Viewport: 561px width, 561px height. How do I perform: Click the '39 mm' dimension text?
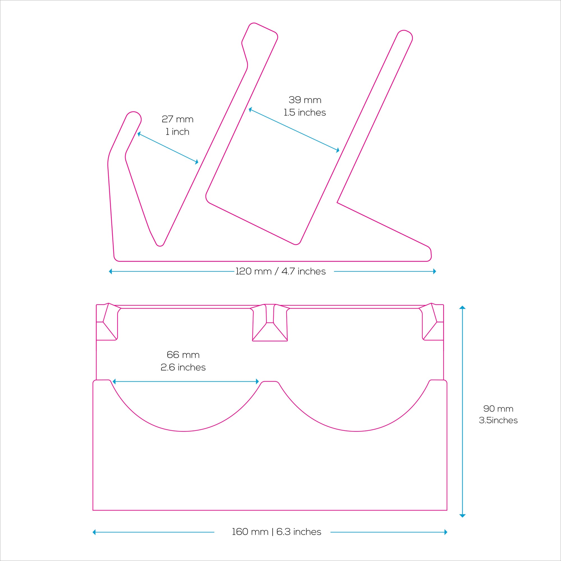click(x=305, y=100)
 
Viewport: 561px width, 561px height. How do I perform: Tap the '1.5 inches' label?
click(x=305, y=113)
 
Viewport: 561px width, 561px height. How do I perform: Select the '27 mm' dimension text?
click(x=178, y=119)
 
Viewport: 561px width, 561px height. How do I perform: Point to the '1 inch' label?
click(x=178, y=132)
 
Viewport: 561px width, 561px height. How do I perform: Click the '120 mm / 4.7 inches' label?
click(x=280, y=272)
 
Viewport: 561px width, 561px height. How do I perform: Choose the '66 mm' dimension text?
click(x=183, y=355)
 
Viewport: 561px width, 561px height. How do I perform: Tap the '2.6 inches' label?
click(x=183, y=367)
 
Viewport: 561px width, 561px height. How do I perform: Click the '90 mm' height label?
click(x=498, y=409)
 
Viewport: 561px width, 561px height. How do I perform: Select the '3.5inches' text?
click(x=498, y=420)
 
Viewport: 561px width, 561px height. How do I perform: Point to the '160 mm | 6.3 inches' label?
click(x=277, y=532)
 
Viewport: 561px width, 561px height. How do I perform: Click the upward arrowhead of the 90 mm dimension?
click(x=463, y=307)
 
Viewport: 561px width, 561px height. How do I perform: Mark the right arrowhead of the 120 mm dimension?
click(x=434, y=272)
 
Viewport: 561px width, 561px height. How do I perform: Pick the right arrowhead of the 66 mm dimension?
click(x=257, y=381)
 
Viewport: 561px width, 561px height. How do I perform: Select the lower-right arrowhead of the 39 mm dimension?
click(x=338, y=150)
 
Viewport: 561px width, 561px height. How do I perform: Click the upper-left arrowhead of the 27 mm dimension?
click(x=139, y=134)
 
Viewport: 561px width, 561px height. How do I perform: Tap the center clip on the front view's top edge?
click(x=270, y=323)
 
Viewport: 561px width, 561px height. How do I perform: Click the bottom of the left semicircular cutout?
click(x=183, y=431)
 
